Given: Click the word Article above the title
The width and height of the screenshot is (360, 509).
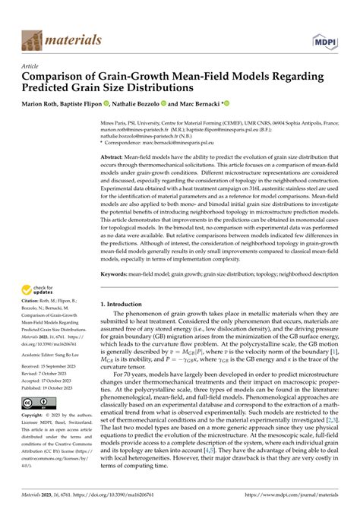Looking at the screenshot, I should (x=33, y=66).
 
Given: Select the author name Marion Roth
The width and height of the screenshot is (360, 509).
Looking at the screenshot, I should (x=46, y=103).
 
